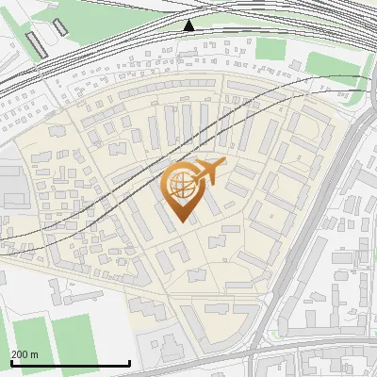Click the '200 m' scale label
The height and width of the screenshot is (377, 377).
pyautogui.click(x=25, y=355)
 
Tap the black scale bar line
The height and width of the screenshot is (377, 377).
pyautogui.click(x=70, y=364)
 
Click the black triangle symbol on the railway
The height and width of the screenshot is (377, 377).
pyautogui.click(x=189, y=25)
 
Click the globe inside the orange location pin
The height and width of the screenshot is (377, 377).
pyautogui.click(x=179, y=185)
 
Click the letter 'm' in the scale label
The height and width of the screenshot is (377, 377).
pyautogui.click(x=34, y=355)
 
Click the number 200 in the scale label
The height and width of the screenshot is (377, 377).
pyautogui.click(x=20, y=355)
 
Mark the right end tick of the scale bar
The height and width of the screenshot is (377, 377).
pyautogui.click(x=129, y=362)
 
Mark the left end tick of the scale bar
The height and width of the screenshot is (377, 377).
pyautogui.click(x=10, y=362)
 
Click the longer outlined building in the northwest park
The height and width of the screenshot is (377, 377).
pyautogui.click(x=36, y=43)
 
